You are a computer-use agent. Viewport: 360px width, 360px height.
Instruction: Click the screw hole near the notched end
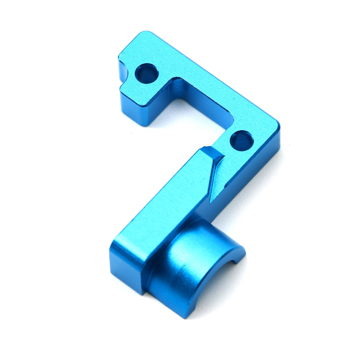147,73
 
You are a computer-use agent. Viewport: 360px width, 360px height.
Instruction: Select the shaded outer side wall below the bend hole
255,171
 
